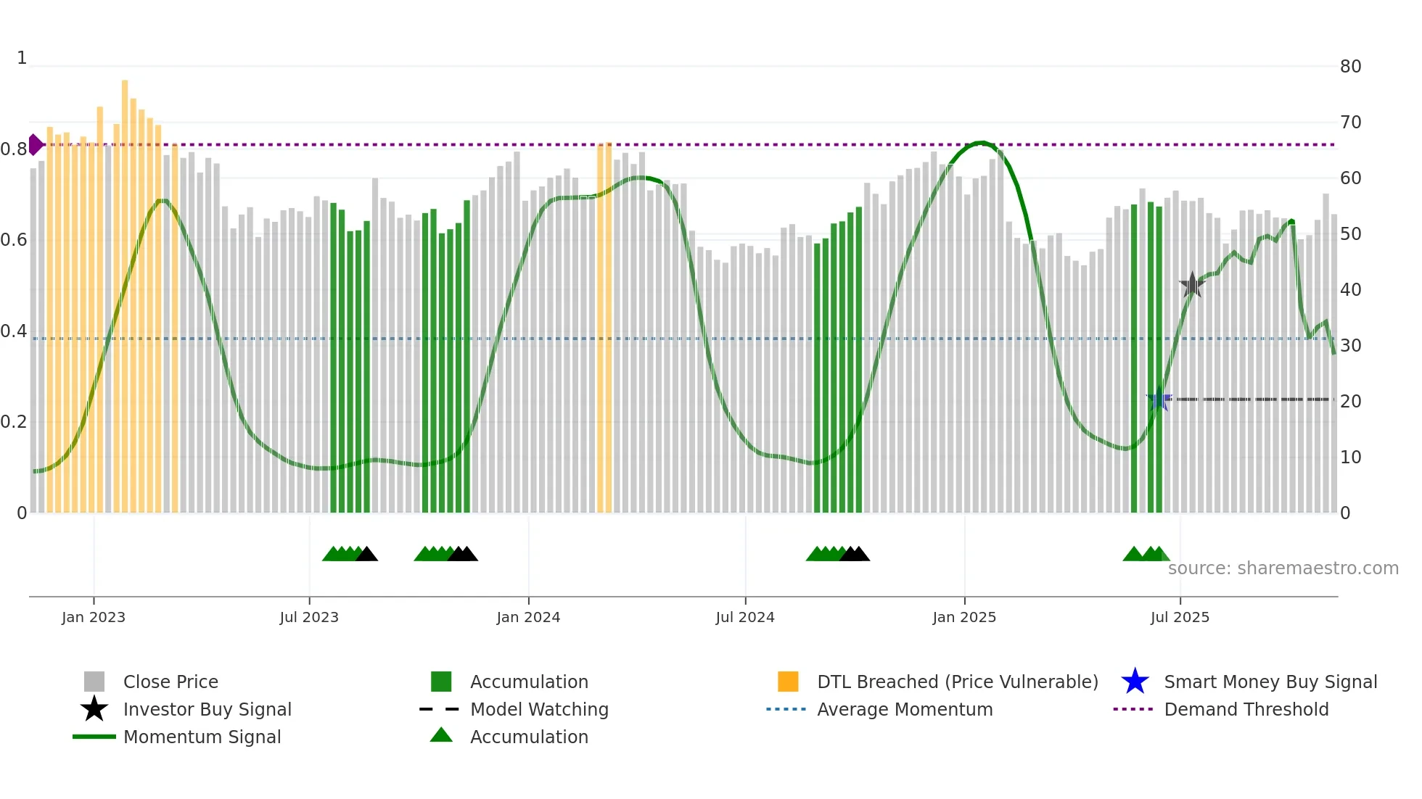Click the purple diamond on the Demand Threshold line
(35, 144)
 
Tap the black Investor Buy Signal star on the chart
(1192, 285)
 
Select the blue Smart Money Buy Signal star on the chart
(1159, 399)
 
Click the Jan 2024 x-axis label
(528, 617)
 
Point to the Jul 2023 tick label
(309, 617)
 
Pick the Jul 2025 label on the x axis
(1180, 617)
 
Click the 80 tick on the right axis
(1350, 67)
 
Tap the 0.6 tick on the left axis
(13, 240)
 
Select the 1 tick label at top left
(22, 58)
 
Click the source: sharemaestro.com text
(1283, 568)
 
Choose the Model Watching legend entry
(539, 709)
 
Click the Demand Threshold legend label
(1246, 709)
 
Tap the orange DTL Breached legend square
(788, 682)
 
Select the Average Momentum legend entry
(905, 709)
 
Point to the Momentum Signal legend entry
(202, 737)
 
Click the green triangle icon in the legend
(441, 736)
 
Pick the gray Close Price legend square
(94, 682)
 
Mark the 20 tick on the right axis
(1350, 402)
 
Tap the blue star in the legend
(1135, 682)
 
